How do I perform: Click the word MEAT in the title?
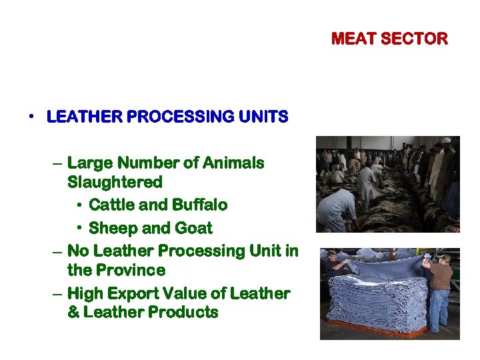click(354, 39)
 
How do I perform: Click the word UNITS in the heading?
click(266, 117)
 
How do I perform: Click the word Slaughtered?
click(115, 182)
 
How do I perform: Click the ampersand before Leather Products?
click(73, 313)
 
